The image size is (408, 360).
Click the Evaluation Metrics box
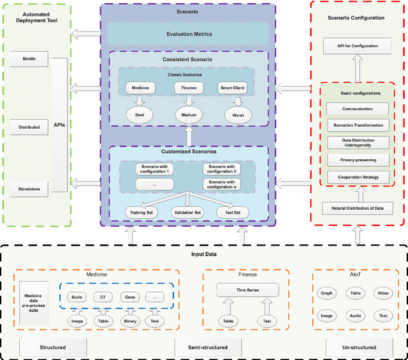[189, 34]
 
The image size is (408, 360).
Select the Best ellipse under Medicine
[140, 116]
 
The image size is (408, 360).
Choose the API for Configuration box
[358, 46]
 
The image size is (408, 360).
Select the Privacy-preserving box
[358, 160]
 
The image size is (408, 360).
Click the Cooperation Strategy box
[358, 176]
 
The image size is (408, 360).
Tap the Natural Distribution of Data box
[358, 208]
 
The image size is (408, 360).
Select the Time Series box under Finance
[247, 290]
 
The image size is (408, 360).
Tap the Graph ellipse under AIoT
[326, 293]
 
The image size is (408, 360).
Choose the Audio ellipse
[354, 315]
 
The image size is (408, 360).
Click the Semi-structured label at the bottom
[205, 347]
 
